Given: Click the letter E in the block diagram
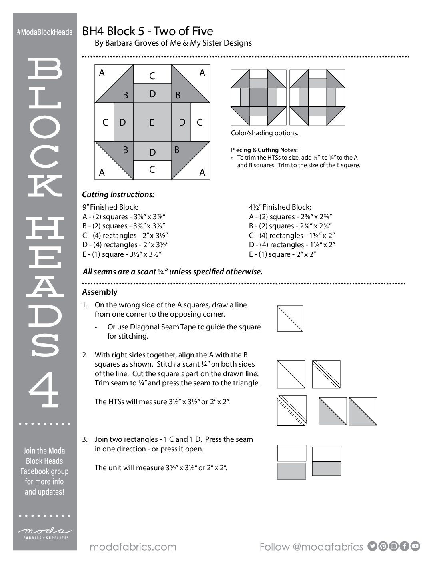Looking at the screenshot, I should click(152, 122).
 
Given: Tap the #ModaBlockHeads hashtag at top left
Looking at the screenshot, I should click(45, 32).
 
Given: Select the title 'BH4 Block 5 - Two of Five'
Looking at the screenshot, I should click(148, 31).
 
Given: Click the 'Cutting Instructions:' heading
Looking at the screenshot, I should click(118, 195).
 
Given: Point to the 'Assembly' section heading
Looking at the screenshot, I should click(100, 292).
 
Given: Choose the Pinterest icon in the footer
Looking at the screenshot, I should click(383, 546).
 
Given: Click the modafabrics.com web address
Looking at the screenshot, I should click(133, 547).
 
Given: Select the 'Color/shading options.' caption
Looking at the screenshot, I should click(265, 133).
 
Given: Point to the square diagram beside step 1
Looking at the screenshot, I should click(290, 319).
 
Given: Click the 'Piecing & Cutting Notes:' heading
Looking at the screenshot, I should click(264, 150).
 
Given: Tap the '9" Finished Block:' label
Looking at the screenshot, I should click(110, 207).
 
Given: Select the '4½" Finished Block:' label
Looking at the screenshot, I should click(280, 207).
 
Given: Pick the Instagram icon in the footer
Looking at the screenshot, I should click(394, 546).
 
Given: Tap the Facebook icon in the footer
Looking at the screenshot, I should click(405, 546).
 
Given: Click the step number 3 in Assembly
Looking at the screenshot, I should click(84, 439).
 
